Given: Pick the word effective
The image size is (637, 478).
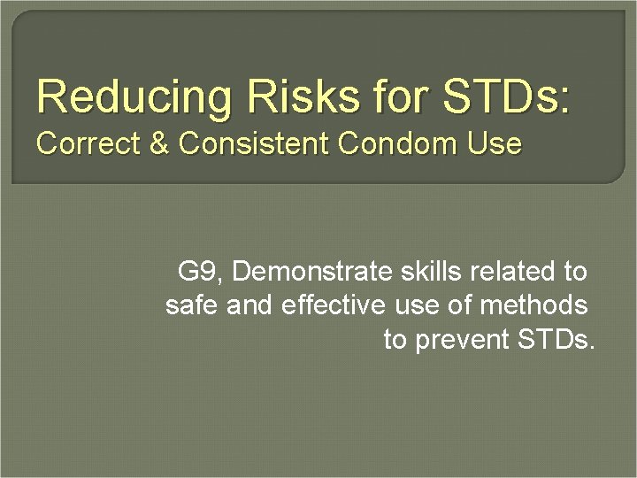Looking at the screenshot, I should pos(334,306).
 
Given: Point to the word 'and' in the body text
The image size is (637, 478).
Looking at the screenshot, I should pos(250,306).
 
